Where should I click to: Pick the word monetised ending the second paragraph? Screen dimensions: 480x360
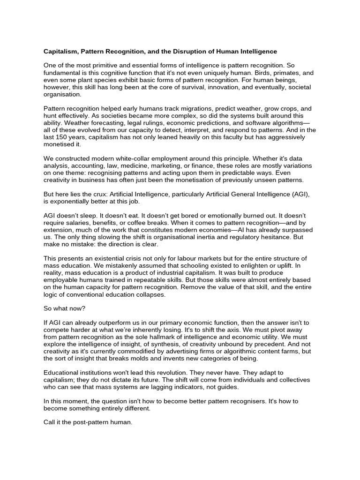coord(59,145)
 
